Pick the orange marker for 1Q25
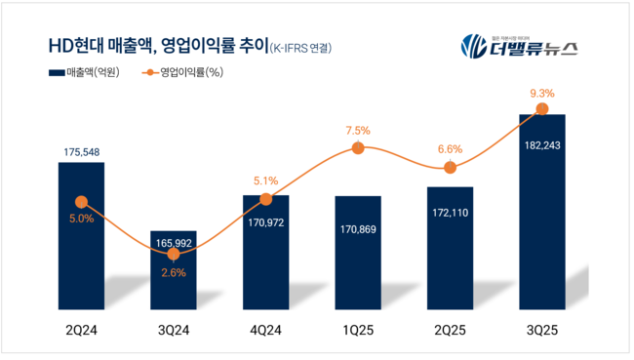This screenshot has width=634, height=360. click(x=358, y=148)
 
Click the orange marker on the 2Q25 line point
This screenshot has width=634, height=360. click(x=450, y=168)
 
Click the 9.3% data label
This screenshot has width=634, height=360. click(x=542, y=94)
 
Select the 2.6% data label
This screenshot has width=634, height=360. click(x=174, y=272)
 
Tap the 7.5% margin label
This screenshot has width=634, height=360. click(x=358, y=130)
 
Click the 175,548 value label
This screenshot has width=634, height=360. click(x=81, y=152)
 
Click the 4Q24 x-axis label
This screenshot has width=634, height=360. click(x=265, y=331)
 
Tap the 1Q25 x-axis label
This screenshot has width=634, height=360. click(x=358, y=331)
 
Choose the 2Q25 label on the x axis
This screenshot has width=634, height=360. click(x=450, y=331)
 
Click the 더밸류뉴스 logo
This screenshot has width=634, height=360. click(x=518, y=46)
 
